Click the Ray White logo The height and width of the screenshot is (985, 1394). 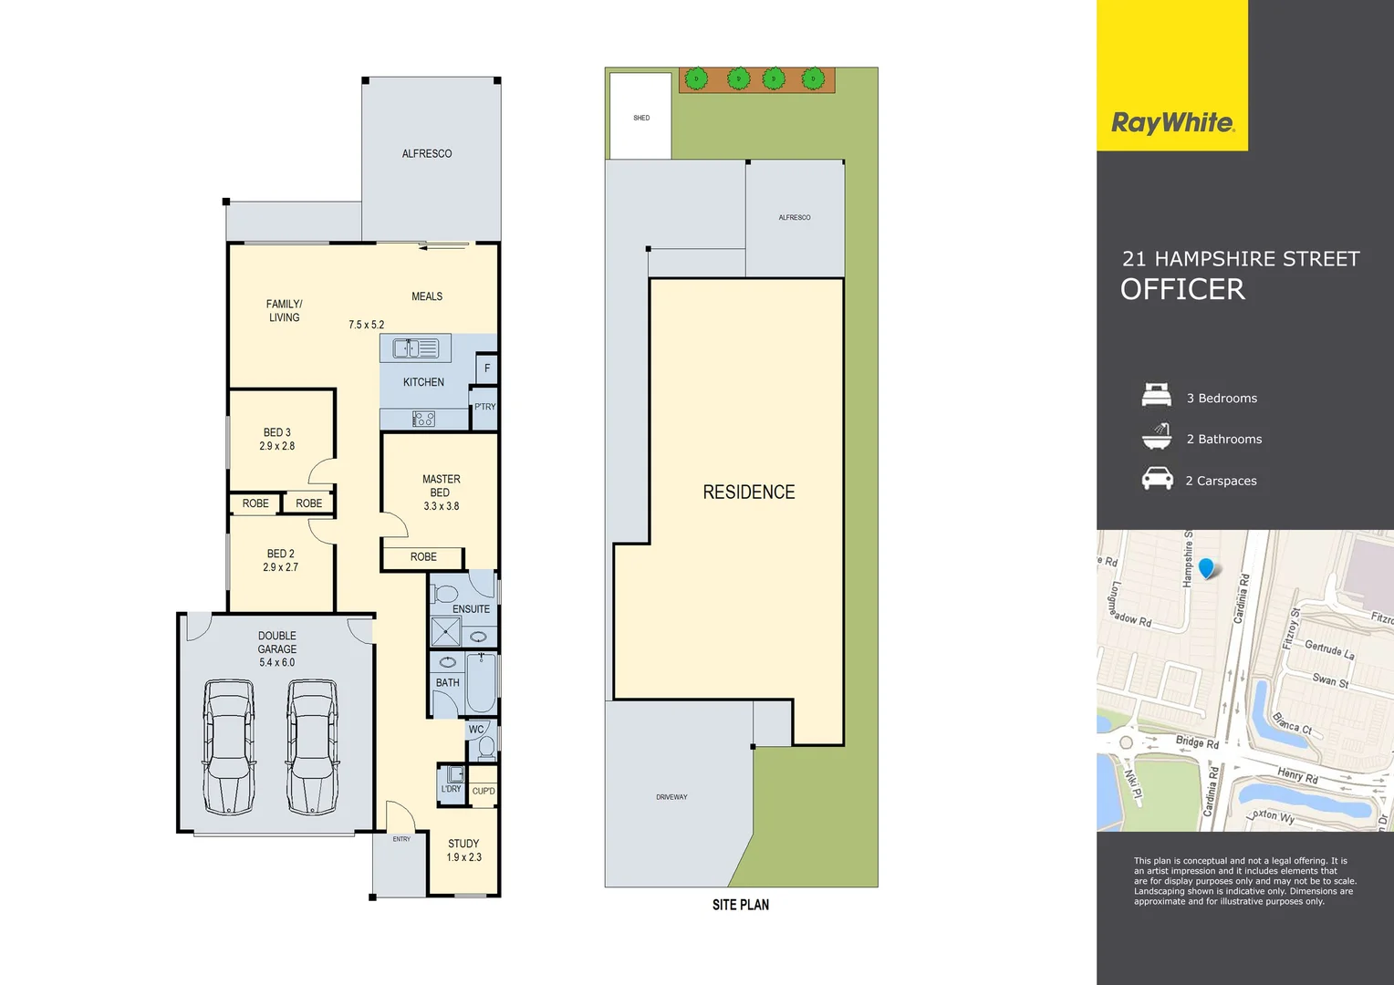tap(1172, 123)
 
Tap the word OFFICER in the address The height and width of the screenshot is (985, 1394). tap(1182, 290)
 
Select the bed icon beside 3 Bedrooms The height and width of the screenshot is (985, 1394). tap(1156, 396)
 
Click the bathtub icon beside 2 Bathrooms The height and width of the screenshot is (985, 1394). tap(1157, 437)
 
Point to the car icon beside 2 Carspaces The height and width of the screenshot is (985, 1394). tap(1157, 479)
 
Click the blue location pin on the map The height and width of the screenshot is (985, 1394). tap(1207, 568)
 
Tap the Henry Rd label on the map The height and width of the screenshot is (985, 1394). tap(1297, 776)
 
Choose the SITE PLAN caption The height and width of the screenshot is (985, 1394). tap(740, 905)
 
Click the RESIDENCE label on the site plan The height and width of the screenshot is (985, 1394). tap(748, 493)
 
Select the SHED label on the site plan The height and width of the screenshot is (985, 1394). tap(641, 119)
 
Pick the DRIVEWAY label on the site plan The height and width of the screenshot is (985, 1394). tap(671, 797)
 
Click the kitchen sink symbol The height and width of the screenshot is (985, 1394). tap(416, 347)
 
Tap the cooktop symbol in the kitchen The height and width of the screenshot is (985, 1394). tap(423, 420)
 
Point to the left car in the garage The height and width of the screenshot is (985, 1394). tap(228, 746)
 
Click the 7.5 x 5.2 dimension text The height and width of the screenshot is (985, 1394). tap(366, 325)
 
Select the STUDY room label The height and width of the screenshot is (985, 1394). tap(463, 844)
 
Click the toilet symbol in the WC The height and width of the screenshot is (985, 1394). tap(486, 749)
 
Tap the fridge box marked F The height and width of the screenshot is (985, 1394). tap(487, 368)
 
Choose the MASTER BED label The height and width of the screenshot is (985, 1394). tap(441, 485)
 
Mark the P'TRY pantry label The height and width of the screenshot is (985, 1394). tap(484, 407)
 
